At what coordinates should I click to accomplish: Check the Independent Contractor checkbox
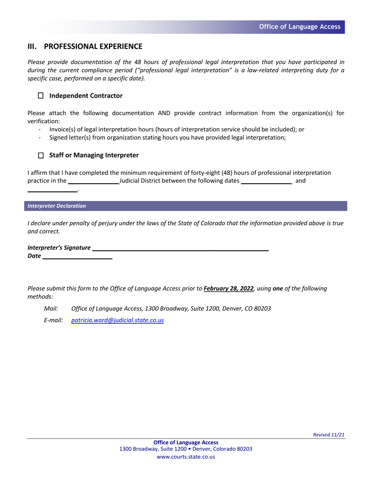coord(41,96)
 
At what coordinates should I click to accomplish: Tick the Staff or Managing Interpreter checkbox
coord(41,156)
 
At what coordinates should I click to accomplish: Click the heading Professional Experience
coord(93,47)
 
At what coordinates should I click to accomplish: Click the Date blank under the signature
coord(77,257)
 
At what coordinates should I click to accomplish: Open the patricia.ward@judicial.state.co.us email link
coord(117,320)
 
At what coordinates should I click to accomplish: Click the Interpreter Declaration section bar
coord(185,206)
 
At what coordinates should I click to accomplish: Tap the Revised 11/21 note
coord(329,434)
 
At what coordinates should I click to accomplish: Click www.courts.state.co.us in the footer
coord(186,457)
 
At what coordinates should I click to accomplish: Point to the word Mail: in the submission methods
coord(51,309)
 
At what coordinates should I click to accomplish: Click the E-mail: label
coord(53,320)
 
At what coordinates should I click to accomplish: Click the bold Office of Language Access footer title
coord(186,442)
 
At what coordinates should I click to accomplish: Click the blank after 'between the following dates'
coord(266,181)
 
